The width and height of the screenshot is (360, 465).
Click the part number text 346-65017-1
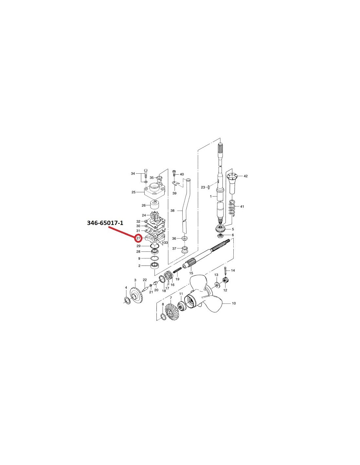[105, 223]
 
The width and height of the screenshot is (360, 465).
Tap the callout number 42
[245, 176]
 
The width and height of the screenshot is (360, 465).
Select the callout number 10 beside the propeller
[234, 303]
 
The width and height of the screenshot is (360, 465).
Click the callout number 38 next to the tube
[172, 211]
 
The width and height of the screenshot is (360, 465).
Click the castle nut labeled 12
[225, 280]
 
